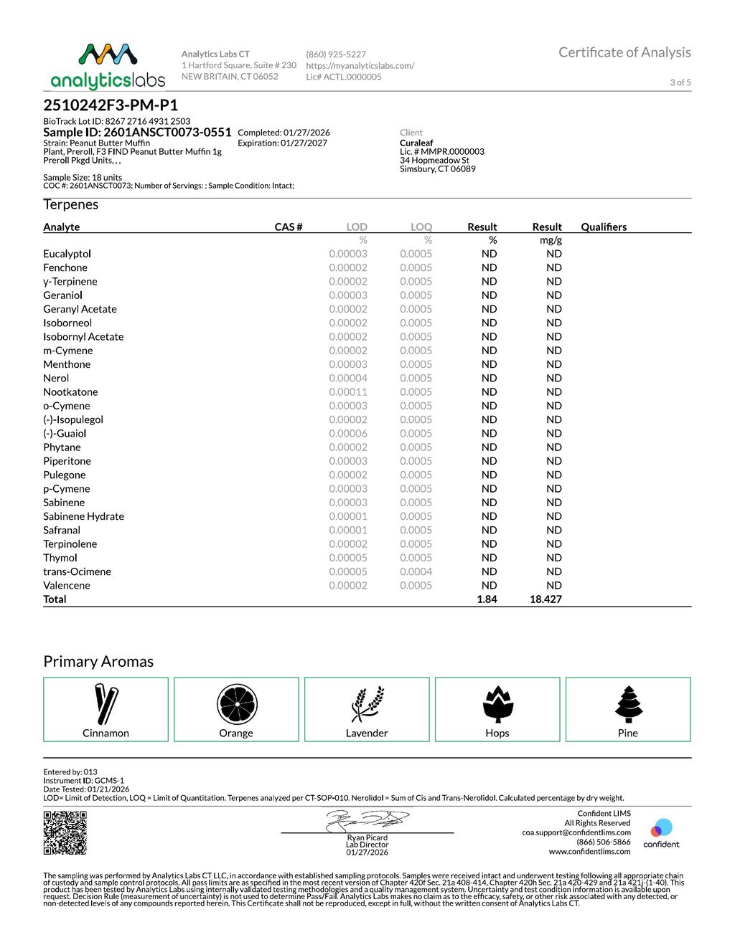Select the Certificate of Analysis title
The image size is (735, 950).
(x=624, y=52)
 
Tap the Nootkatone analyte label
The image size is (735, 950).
(x=70, y=392)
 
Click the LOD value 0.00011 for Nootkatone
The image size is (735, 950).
(x=348, y=392)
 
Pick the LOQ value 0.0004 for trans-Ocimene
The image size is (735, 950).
(x=416, y=571)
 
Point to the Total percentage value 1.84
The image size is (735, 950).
(x=487, y=599)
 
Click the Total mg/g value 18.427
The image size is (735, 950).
(x=546, y=599)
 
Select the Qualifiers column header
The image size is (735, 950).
(x=604, y=227)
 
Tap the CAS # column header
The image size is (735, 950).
(x=289, y=227)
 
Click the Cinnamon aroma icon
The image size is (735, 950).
(x=106, y=703)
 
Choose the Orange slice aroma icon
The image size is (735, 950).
(x=237, y=704)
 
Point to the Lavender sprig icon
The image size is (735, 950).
(x=367, y=704)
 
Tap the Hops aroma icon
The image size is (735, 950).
(x=497, y=704)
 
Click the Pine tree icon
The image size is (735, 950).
(x=628, y=704)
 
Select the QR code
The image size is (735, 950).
(x=65, y=832)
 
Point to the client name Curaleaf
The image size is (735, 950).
(x=416, y=143)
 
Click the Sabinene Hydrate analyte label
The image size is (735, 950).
(x=83, y=516)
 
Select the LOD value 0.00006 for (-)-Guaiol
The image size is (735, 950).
(x=348, y=434)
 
